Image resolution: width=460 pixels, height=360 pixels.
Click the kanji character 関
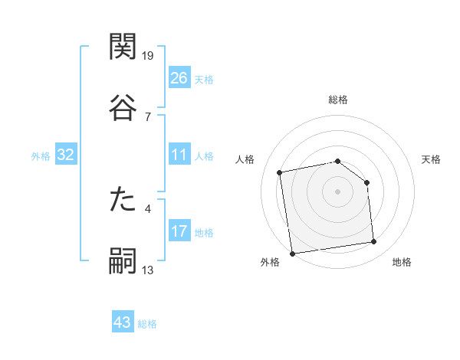tap(123, 47)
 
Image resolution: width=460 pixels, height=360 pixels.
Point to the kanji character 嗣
tap(123, 260)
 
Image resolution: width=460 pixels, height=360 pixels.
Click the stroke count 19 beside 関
tap(149, 56)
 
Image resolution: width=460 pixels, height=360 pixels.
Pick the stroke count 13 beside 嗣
tap(148, 270)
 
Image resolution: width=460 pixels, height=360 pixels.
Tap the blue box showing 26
tap(179, 78)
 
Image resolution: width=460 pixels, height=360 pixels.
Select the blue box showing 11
tap(179, 155)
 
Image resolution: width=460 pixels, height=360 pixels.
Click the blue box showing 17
tap(179, 231)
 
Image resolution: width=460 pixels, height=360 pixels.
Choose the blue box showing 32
tap(66, 155)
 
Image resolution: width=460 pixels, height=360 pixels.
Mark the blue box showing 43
tap(123, 322)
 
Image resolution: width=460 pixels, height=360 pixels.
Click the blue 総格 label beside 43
tap(147, 324)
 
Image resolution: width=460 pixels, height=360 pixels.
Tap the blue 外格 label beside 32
tap(41, 156)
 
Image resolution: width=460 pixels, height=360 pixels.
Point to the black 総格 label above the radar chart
tap(337, 100)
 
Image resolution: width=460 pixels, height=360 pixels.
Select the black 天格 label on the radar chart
tap(431, 159)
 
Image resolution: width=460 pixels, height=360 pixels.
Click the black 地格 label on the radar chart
tap(402, 263)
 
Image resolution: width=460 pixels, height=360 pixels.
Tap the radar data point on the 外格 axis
tap(292, 253)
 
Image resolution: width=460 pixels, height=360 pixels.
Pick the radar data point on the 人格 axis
tap(281, 172)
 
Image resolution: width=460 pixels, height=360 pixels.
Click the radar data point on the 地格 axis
tap(374, 242)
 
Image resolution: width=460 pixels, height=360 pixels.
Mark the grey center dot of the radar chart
tap(337, 191)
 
